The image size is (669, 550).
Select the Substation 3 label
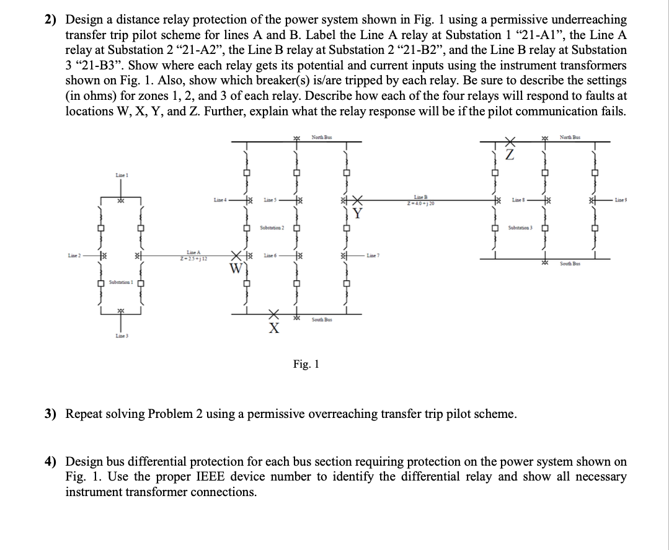coord(520,228)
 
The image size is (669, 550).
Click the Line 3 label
coord(121,335)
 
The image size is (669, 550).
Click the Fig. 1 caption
coord(306,364)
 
